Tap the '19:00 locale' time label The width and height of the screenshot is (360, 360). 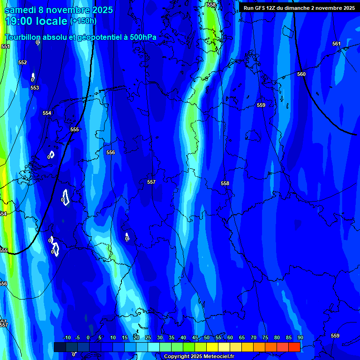[x=36, y=21]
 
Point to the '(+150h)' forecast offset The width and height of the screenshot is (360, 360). [x=83, y=21]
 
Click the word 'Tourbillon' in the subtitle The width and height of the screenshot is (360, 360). [x=23, y=37]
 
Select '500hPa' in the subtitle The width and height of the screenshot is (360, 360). [x=142, y=37]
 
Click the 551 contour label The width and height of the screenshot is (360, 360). [x=6, y=46]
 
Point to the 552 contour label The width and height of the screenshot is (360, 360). [x=22, y=62]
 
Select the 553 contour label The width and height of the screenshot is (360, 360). [x=35, y=88]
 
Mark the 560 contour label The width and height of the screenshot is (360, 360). [x=301, y=74]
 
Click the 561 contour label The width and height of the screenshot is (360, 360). [x=337, y=44]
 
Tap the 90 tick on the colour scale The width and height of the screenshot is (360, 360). [x=300, y=337]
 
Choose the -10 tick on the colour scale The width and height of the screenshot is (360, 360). [x=67, y=337]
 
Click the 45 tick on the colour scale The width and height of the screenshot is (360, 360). [x=195, y=337]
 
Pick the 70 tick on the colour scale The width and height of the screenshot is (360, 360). [x=254, y=337]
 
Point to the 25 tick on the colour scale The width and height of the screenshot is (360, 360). [x=148, y=337]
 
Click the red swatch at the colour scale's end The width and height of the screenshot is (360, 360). [x=294, y=347]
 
